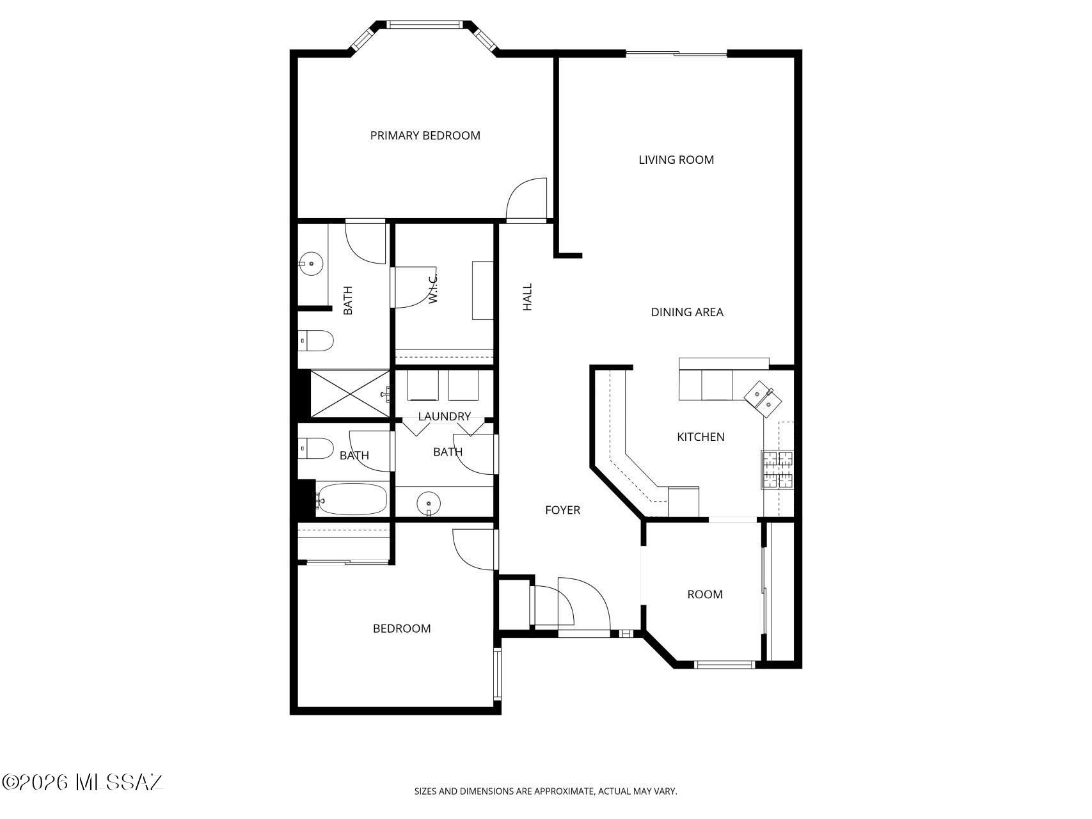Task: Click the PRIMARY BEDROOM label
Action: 425,136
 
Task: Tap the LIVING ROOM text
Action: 676,160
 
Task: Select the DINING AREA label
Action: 687,312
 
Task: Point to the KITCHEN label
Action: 700,437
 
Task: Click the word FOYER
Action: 562,510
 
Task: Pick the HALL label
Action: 527,298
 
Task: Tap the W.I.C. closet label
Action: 433,289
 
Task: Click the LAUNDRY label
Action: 444,417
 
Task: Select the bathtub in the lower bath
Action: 352,499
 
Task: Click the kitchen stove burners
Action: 777,470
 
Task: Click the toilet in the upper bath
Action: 315,341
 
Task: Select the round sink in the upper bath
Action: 312,263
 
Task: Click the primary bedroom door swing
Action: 526,199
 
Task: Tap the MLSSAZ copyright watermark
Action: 83,782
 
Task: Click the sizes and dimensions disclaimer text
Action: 546,791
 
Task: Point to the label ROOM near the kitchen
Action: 705,594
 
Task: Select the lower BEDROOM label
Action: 402,629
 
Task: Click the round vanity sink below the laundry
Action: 427,503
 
